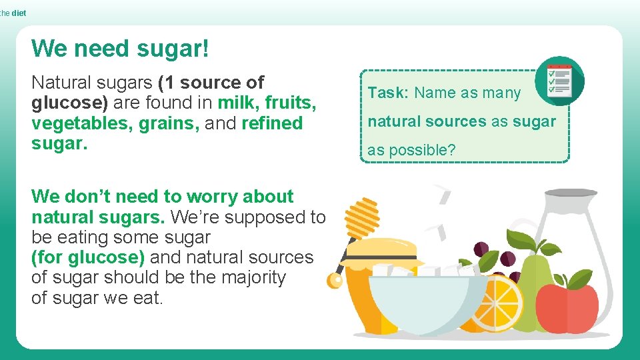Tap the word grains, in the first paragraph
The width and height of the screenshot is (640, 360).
pyautogui.click(x=169, y=123)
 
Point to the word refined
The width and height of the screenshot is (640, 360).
pyautogui.click(x=272, y=123)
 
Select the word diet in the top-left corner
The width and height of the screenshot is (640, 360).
pyautogui.click(x=19, y=13)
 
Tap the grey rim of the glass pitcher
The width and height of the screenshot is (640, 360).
pyautogui.click(x=578, y=193)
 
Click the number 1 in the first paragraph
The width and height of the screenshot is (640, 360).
pyautogui.click(x=167, y=83)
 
